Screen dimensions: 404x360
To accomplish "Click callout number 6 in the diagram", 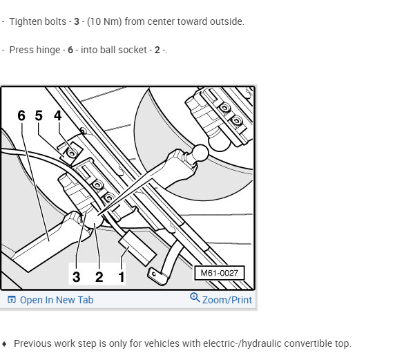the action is tap(21, 115).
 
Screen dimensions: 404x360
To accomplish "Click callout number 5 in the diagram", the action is tap(39, 115).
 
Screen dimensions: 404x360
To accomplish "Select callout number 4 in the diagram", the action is tap(58, 115).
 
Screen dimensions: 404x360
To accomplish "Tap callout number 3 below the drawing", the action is tap(76, 277).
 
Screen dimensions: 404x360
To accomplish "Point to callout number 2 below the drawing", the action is tap(99, 277).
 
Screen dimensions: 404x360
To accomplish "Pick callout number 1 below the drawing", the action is tap(122, 277).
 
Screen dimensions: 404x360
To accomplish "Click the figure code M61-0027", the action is tap(219, 273).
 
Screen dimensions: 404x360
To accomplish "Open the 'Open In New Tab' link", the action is tap(57, 300).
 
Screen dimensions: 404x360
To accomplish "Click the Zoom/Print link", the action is tap(227, 300).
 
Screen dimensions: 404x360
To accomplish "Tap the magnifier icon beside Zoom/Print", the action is tap(195, 297).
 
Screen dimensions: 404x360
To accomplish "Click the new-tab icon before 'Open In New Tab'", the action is tap(12, 299).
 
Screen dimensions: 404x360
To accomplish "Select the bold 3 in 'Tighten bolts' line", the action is tap(77, 21).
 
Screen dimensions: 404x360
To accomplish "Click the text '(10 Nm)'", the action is tap(104, 21).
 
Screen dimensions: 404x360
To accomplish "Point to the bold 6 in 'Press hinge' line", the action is tap(70, 50).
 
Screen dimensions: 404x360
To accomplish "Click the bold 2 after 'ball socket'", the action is tap(157, 50).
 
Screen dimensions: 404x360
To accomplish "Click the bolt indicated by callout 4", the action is tap(72, 153).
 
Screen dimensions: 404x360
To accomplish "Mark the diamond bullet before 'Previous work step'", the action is tap(4, 344).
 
